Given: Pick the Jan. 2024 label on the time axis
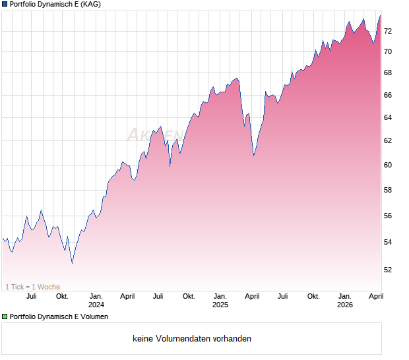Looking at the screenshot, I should click(x=96, y=300).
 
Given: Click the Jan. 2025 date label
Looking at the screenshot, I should click(x=220, y=300).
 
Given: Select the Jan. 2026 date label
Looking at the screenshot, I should click(x=345, y=300).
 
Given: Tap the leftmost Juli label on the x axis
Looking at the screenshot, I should click(x=31, y=296).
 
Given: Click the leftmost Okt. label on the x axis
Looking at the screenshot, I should click(x=62, y=296).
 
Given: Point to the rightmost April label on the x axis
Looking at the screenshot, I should click(x=376, y=296).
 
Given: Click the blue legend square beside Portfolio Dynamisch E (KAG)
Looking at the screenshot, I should click(x=5, y=5).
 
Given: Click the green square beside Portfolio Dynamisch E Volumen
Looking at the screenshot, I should click(x=5, y=317).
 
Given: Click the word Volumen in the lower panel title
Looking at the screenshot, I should click(x=93, y=317).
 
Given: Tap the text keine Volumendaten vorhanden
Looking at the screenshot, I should click(x=192, y=339).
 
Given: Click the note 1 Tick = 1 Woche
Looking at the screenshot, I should click(x=33, y=287).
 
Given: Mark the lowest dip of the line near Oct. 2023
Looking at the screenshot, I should click(x=72, y=262).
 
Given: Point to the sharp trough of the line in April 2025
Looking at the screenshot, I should click(x=253, y=156).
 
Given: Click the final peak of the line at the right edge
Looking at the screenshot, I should click(x=380, y=15).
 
